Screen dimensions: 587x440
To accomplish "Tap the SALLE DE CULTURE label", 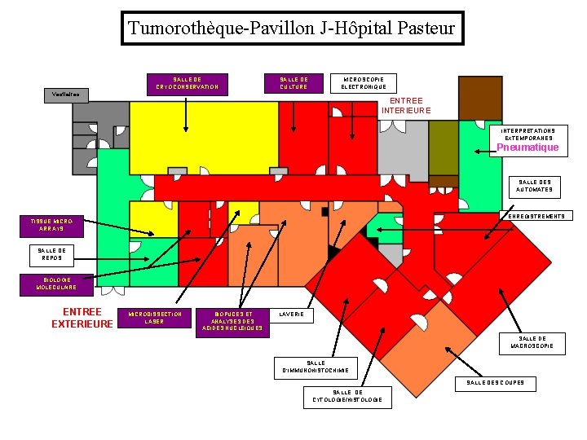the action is (293, 82).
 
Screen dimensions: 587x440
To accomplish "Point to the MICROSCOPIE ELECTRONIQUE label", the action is (364, 82).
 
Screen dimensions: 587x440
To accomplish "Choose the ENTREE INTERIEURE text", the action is (406, 106).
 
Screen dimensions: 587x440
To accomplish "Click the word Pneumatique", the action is (528, 147).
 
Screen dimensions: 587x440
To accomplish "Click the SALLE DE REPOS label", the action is (52, 255).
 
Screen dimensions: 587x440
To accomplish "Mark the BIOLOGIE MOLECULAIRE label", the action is (56, 284).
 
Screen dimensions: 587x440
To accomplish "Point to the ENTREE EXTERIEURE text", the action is (82, 318).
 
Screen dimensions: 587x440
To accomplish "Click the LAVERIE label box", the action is (291, 315).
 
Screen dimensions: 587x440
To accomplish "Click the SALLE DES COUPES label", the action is (496, 382).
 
